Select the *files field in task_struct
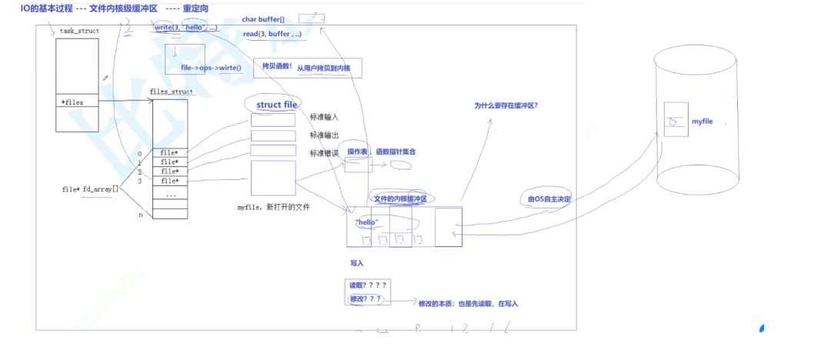pos(72,101)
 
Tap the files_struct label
pos(170,92)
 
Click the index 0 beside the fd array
pos(140,153)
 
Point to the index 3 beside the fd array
pos(140,182)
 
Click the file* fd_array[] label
pos(91,188)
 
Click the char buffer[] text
pos(265,18)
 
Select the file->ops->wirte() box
pos(210,68)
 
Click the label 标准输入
pos(324,118)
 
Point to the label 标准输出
pos(324,135)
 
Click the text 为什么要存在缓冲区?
pos(506,105)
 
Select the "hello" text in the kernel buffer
pos(367,222)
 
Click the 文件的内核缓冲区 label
pos(400,199)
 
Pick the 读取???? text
pos(368,285)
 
